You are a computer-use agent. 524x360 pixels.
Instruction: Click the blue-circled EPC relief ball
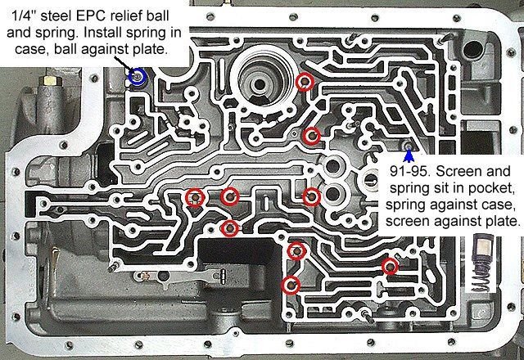139,79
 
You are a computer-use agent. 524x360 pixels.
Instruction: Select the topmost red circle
305,80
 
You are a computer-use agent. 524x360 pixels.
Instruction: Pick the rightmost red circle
391,267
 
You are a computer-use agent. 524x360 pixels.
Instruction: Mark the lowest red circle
290,285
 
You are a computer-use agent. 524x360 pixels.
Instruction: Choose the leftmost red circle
195,196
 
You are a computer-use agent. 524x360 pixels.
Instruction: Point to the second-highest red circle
310,136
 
